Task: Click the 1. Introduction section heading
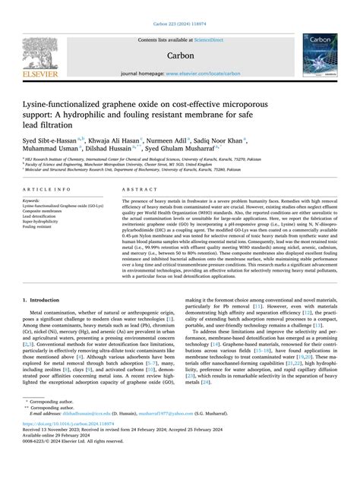[46, 323]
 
